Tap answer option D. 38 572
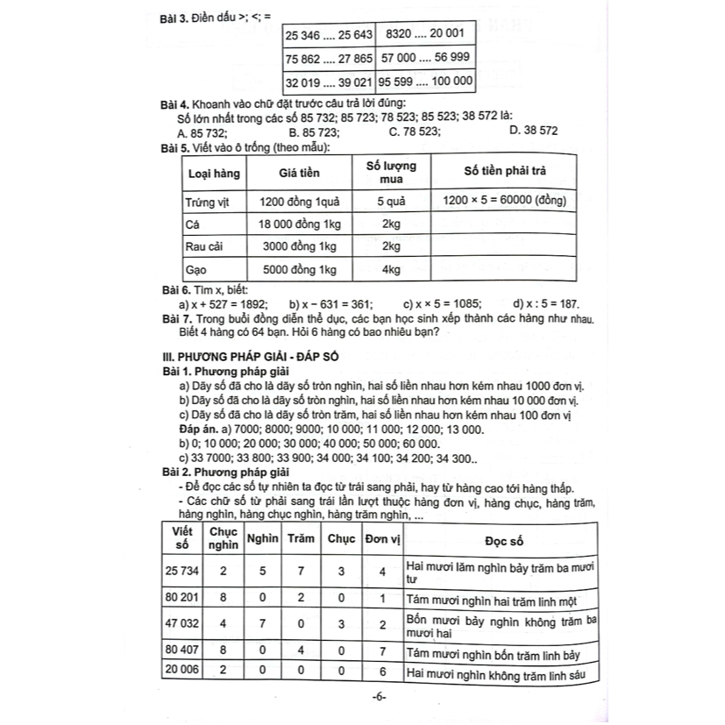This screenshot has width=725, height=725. click(x=532, y=131)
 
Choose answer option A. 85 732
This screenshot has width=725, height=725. click(x=202, y=133)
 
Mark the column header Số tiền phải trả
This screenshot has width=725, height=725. click(x=503, y=171)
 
